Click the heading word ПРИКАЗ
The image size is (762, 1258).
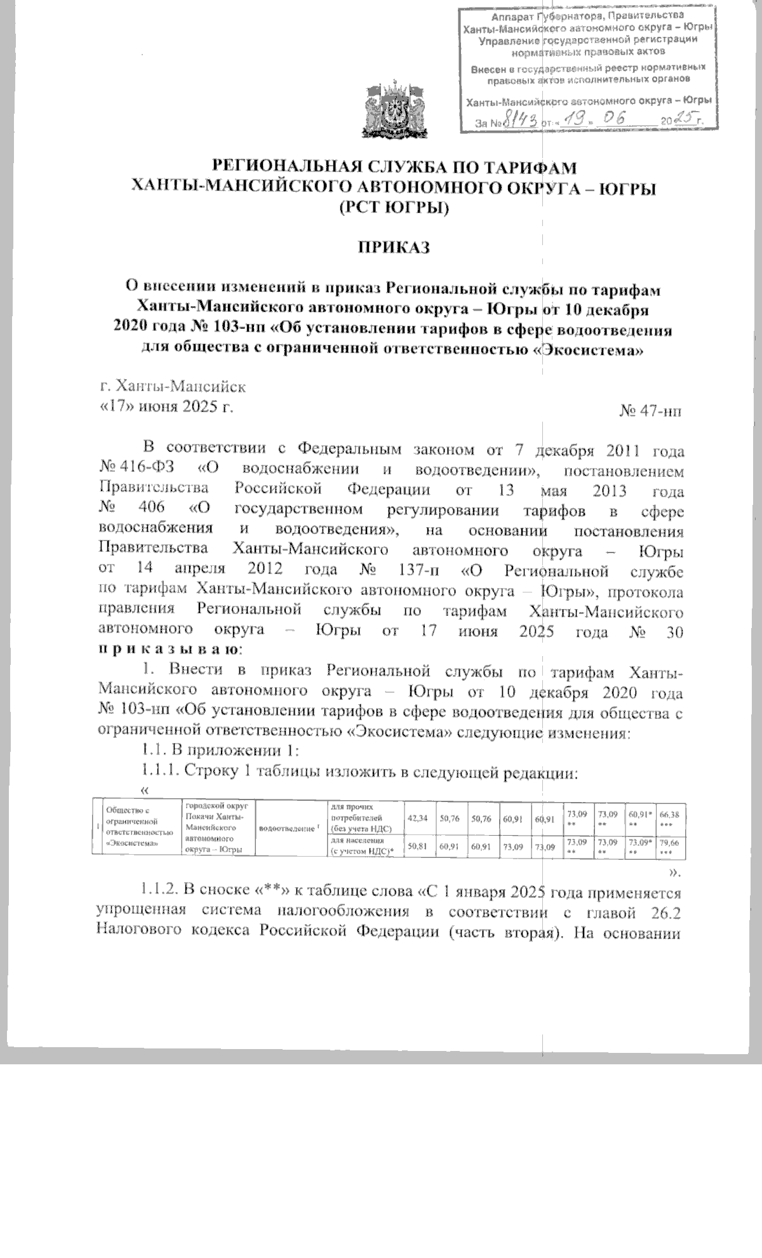pos(392,248)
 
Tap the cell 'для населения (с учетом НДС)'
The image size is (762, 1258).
pos(359,846)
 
